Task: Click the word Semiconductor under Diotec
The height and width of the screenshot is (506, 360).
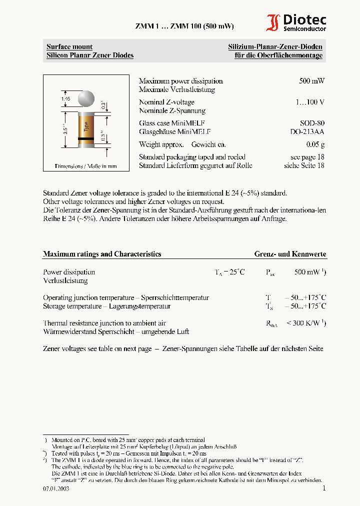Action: click(x=305, y=29)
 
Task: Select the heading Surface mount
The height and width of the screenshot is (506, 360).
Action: click(x=69, y=47)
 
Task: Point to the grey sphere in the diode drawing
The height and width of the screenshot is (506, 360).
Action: click(x=86, y=98)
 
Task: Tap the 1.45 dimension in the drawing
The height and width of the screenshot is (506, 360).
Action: click(x=65, y=100)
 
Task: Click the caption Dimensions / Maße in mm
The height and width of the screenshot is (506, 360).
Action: click(x=85, y=166)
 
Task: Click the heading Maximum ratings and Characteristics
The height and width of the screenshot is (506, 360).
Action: click(x=102, y=254)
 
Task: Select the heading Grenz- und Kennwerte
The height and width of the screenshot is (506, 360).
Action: click(x=290, y=254)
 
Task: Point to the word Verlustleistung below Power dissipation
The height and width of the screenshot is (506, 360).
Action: click(x=65, y=281)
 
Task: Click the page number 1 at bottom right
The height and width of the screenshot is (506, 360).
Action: click(x=324, y=488)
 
